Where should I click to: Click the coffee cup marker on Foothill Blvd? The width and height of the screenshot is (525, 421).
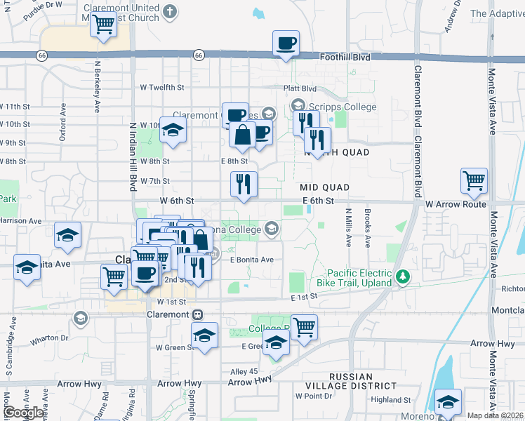tap(286, 44)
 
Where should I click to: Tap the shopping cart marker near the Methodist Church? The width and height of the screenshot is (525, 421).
tap(103, 25)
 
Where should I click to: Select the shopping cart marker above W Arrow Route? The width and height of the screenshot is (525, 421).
tap(474, 180)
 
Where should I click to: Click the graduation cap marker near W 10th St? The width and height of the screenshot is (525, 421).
tap(173, 130)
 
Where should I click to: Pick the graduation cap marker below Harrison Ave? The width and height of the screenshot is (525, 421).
tap(67, 235)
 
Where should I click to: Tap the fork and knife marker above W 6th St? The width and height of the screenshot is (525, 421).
tap(244, 185)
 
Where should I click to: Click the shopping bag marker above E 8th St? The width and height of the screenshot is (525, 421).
tap(242, 135)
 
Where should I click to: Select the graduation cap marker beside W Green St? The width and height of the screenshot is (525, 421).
tap(205, 335)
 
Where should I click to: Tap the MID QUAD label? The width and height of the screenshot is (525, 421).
tap(324, 187)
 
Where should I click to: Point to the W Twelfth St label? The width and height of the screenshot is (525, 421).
tap(161, 88)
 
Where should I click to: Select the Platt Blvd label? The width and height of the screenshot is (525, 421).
tap(300, 89)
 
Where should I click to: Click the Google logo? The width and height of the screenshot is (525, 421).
tap(24, 412)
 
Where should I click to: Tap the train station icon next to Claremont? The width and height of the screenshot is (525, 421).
tap(198, 314)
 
